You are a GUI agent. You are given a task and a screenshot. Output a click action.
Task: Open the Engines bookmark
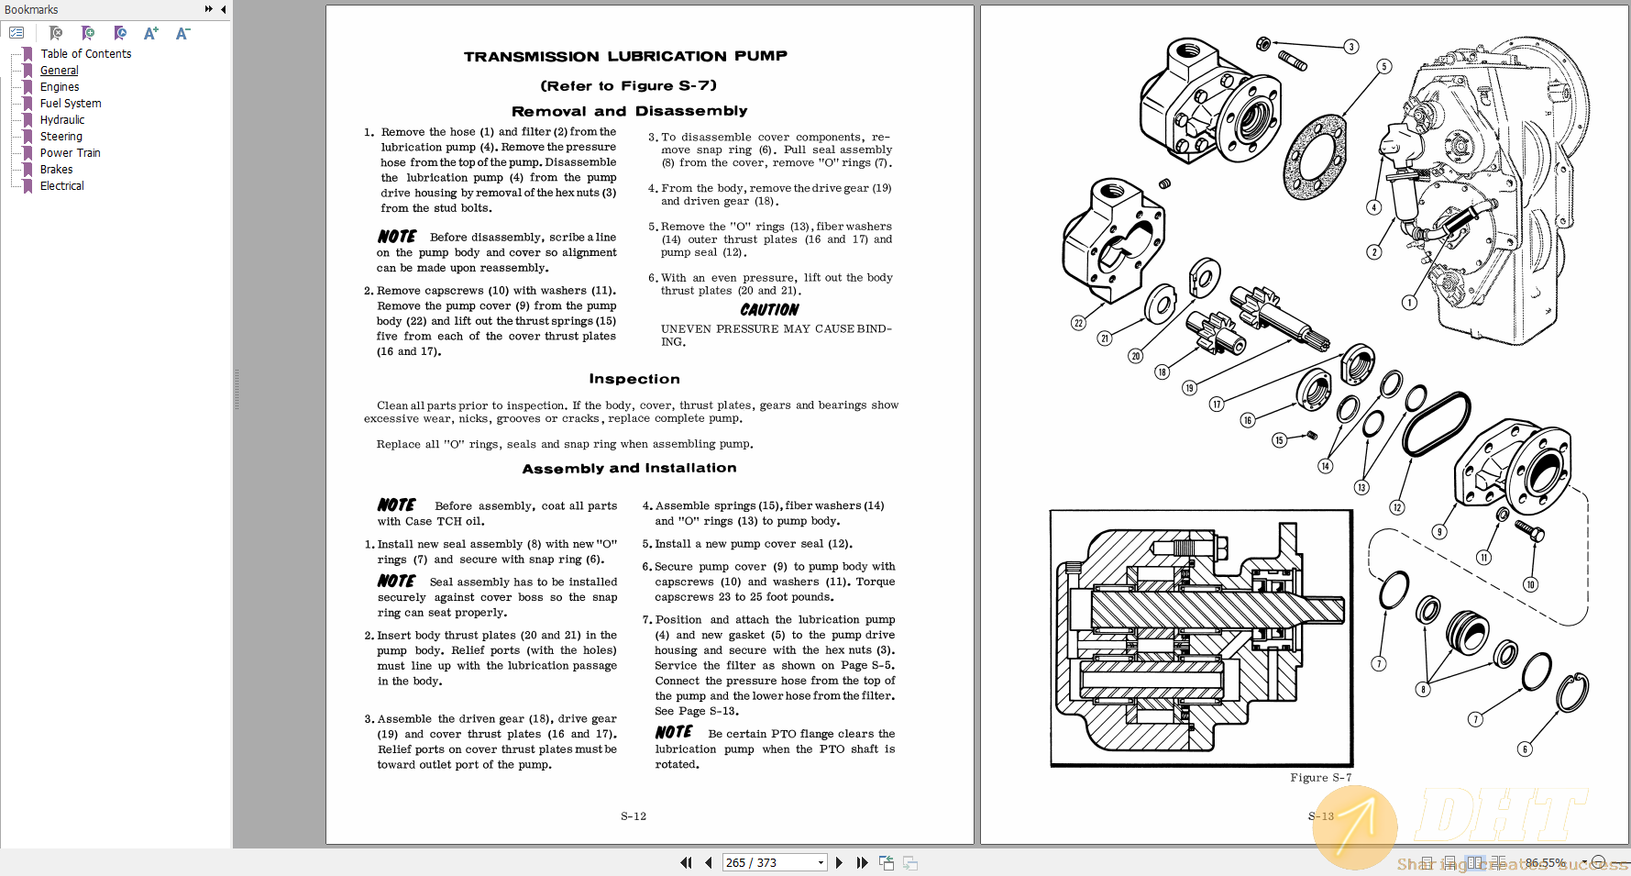tap(60, 87)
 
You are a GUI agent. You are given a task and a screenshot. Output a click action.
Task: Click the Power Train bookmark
tap(70, 153)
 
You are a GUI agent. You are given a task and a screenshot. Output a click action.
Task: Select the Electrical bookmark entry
tap(61, 186)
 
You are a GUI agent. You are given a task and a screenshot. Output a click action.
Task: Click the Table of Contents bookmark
tap(85, 54)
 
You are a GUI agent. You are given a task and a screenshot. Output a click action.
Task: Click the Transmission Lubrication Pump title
tap(625, 57)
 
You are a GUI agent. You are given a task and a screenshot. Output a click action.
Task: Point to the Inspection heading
tap(634, 379)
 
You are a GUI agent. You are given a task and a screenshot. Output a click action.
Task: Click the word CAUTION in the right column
tap(769, 310)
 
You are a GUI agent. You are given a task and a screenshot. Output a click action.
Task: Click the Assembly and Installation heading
tap(629, 468)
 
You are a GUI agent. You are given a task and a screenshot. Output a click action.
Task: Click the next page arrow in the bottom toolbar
tap(839, 862)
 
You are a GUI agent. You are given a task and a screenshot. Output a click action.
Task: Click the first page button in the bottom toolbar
tap(686, 862)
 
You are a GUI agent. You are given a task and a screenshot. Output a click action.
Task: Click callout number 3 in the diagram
tap(1350, 47)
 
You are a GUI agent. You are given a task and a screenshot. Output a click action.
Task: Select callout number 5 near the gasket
tap(1384, 67)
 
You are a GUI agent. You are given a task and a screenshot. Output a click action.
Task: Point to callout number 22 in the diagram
tap(1078, 323)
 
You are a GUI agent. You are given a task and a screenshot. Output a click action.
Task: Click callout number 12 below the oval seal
tap(1397, 507)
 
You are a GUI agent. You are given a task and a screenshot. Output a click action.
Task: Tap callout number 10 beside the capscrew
tap(1530, 584)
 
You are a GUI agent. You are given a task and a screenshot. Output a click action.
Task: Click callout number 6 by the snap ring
tap(1525, 749)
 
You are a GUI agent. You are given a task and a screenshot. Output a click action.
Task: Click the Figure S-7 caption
tap(1320, 778)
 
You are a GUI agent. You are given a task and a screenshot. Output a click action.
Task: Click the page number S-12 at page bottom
tap(634, 816)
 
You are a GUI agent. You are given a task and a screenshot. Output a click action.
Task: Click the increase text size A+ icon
tap(151, 33)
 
